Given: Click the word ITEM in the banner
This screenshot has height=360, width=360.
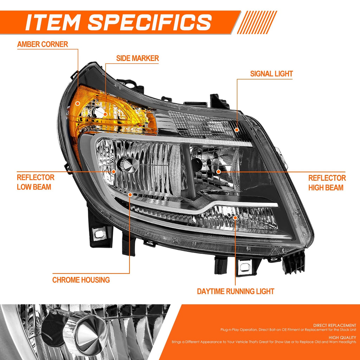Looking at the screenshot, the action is click(52, 22).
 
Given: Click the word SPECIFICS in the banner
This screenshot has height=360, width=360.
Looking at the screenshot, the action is click(150, 22).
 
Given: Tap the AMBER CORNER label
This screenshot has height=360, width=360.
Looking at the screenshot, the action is click(43, 44).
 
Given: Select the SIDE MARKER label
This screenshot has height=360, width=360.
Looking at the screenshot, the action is click(137, 58).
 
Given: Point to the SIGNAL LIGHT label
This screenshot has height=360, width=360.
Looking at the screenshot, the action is click(271, 74).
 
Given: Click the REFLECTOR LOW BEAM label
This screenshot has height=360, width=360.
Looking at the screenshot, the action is click(36, 182).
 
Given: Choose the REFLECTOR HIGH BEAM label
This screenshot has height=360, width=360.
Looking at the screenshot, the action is click(327, 183).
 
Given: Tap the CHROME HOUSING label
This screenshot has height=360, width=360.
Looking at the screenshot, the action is click(81, 280).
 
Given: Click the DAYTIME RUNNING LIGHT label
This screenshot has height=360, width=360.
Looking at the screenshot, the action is click(236, 291).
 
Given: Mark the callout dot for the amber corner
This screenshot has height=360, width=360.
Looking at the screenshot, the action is click(78, 103).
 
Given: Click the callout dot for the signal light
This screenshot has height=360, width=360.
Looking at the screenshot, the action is click(237, 130).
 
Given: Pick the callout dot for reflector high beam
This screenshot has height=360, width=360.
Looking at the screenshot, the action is click(219, 172).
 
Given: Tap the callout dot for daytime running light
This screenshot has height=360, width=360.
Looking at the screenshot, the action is click(235, 217).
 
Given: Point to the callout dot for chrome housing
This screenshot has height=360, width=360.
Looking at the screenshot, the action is click(130, 195).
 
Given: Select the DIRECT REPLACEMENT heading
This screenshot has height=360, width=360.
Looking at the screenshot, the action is click(335, 325).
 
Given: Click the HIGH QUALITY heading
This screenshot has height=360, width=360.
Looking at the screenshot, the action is click(342, 337).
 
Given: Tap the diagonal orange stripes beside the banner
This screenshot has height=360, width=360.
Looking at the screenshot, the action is click(257, 22).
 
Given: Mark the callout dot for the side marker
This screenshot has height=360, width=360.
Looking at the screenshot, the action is click(105, 114).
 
